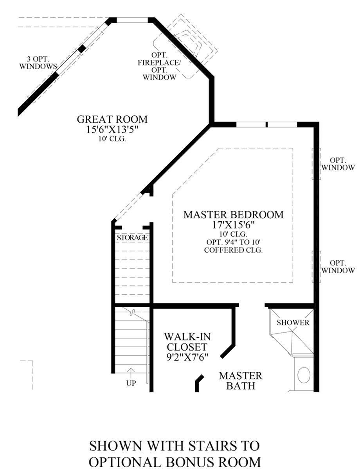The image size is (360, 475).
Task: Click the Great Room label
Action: (112, 119)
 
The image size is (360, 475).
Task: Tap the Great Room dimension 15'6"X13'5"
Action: (112, 130)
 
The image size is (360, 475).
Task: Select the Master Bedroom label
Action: (234, 215)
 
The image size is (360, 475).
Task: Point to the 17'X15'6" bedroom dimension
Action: (233, 225)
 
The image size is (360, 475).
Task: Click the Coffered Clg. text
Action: (233, 250)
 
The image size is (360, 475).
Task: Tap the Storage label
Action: (132, 238)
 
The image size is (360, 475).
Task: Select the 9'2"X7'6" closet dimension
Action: (187, 357)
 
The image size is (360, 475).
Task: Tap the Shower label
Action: (293, 323)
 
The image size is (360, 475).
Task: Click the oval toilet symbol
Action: (304, 375)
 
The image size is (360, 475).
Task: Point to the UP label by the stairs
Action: (131, 383)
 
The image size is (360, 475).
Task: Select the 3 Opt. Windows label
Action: (38, 63)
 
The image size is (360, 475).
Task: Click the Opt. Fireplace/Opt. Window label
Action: (159, 66)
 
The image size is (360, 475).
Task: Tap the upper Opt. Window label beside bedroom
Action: (338, 164)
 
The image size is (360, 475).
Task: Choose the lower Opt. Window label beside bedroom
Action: (338, 267)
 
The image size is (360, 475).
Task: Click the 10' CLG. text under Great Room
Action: (112, 139)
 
